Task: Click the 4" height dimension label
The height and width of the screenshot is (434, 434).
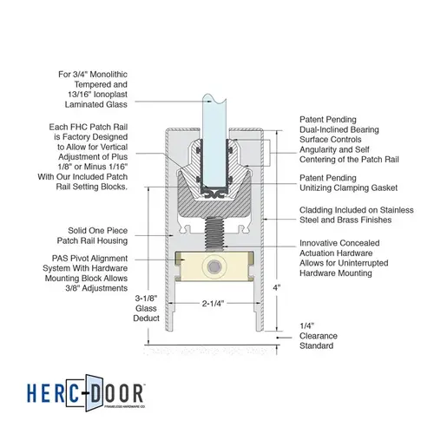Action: (277, 287)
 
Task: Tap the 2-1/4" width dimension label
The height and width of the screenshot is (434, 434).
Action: (213, 303)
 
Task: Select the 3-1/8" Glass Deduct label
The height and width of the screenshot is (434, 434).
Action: (146, 308)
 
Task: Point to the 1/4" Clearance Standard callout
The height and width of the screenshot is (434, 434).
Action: (319, 336)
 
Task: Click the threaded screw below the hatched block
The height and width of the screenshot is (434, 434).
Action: (214, 233)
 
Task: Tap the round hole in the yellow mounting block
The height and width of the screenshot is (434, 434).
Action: (214, 266)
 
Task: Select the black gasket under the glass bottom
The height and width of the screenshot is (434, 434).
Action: (214, 194)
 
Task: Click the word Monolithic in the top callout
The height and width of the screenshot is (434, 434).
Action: (108, 75)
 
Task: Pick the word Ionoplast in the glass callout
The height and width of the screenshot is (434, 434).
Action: (110, 95)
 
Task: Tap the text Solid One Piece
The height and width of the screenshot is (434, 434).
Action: (98, 231)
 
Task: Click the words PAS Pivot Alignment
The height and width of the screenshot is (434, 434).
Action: (89, 258)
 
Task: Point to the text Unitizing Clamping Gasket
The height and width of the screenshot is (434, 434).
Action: (348, 187)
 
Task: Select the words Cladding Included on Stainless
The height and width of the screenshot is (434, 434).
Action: (357, 210)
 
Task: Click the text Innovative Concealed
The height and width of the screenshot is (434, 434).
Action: (339, 243)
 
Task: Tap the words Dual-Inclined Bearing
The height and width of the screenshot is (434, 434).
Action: (339, 129)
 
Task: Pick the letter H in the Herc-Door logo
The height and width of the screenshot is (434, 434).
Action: (32, 393)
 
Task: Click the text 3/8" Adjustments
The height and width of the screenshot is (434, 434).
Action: (96, 288)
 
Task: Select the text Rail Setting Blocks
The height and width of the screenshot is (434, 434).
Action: (92, 187)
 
